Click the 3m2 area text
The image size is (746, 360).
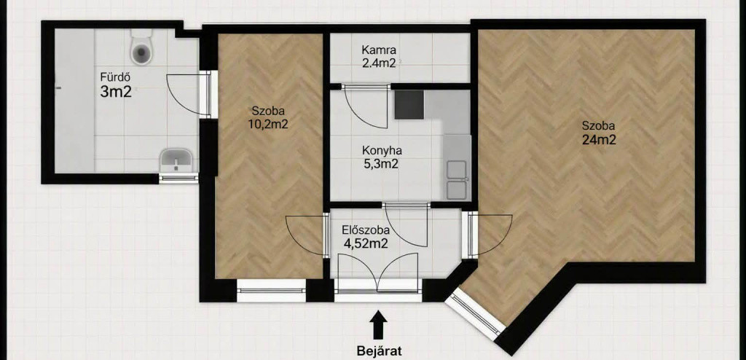click(x=116, y=92)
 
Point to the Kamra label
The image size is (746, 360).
click(x=379, y=50)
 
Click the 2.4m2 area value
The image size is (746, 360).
click(x=378, y=63)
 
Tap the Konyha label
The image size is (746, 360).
click(x=382, y=151)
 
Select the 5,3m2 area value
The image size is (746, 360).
click(x=380, y=165)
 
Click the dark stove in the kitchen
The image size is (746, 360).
click(x=409, y=104)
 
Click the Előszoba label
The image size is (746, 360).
click(x=366, y=230)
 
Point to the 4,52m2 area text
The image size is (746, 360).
click(x=366, y=244)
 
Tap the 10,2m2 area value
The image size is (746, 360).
click(x=270, y=125)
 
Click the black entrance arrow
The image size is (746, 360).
click(x=379, y=325)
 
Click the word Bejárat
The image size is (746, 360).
click(x=379, y=351)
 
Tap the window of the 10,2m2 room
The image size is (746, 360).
click(x=271, y=290)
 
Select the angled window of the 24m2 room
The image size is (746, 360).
click(x=475, y=314)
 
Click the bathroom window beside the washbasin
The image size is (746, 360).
click(x=178, y=179)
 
